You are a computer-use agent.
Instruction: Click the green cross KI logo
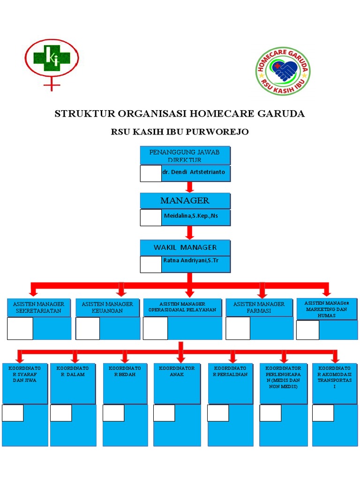click(52, 58)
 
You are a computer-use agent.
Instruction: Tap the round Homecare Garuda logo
click(283, 71)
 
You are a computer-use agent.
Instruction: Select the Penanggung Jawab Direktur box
click(185, 156)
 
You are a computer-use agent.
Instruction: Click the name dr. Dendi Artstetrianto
click(194, 172)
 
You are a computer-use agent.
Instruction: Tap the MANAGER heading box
click(185, 201)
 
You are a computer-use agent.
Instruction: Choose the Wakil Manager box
click(185, 247)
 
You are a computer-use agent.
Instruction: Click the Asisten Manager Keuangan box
click(108, 307)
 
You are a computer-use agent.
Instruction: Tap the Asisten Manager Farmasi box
click(259, 307)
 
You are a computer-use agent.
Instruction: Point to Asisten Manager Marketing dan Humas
click(327, 309)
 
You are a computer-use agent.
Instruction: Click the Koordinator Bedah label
click(125, 371)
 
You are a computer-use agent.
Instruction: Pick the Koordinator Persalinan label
click(230, 371)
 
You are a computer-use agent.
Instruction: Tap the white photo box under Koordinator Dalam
click(61, 413)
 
